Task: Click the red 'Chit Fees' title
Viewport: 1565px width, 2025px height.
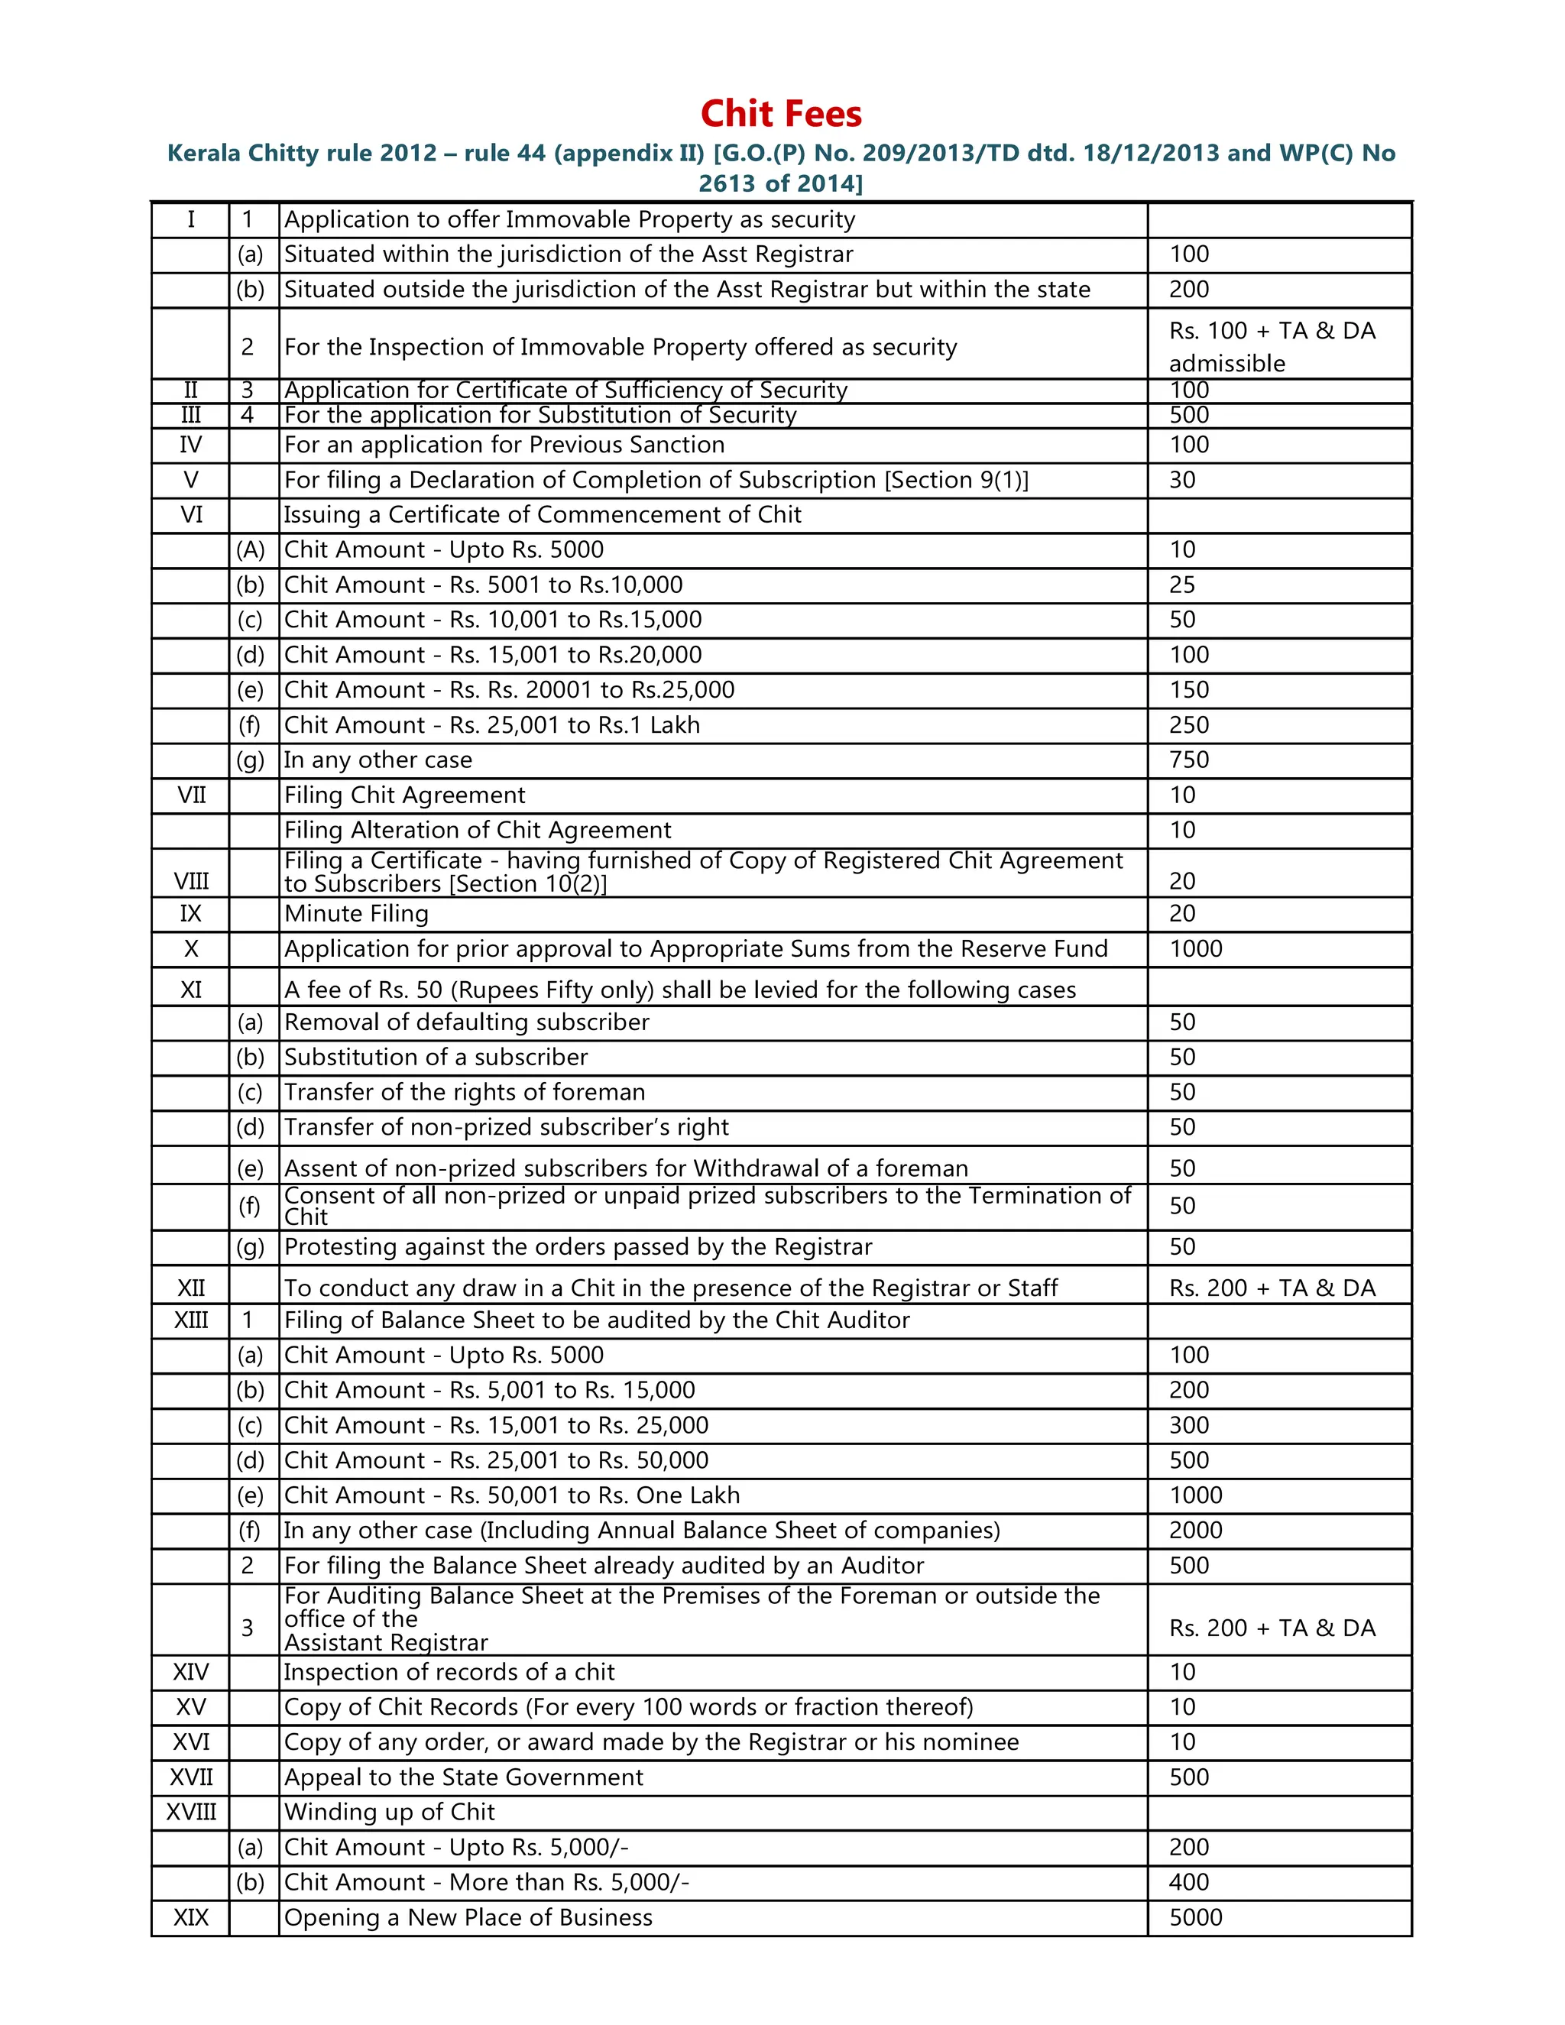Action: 781,114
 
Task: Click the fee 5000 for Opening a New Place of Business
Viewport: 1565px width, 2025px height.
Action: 1195,1917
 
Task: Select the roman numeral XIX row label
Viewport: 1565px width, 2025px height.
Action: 191,1917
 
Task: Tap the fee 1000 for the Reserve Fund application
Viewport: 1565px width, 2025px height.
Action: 1195,948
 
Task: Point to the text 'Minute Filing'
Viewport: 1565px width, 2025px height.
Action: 356,913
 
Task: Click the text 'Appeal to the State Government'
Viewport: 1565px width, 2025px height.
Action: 464,1777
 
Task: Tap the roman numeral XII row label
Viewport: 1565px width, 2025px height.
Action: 191,1288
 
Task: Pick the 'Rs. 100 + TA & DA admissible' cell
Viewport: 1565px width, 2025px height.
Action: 1272,346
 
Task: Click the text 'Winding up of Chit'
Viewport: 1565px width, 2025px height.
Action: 390,1812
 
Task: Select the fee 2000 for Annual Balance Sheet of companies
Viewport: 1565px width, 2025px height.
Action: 1195,1530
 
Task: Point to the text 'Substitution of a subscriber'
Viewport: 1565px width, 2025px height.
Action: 436,1057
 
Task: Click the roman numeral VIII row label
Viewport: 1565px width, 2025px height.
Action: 191,881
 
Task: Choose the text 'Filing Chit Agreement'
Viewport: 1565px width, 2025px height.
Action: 404,795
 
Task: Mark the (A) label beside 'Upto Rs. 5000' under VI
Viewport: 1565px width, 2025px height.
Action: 251,550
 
